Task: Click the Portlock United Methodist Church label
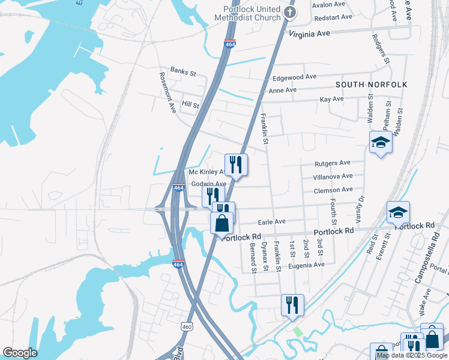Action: tap(252, 13)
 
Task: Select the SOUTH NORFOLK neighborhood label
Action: tap(371, 85)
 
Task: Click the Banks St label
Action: tap(183, 72)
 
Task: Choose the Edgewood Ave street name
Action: tap(294, 77)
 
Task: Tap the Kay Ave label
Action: tap(331, 99)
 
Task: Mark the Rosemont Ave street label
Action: tap(167, 93)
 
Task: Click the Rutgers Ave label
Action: tap(333, 163)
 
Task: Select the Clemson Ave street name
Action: tap(333, 190)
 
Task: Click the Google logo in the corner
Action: tap(20, 353)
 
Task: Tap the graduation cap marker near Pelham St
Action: tap(381, 143)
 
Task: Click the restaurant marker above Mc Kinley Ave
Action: tap(236, 164)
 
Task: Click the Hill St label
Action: tap(190, 104)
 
